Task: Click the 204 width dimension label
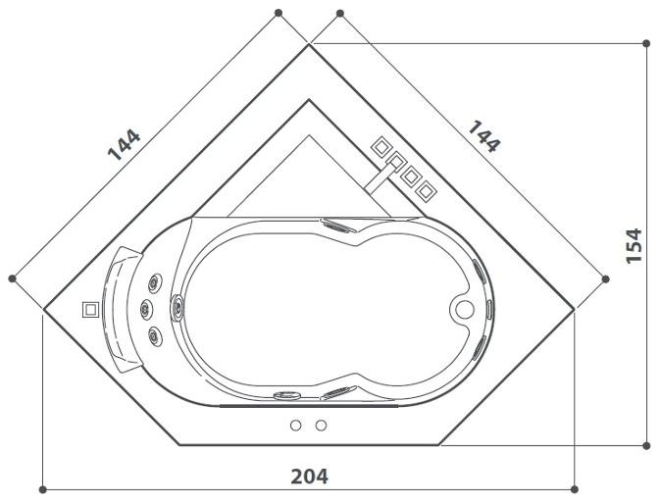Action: click(309, 477)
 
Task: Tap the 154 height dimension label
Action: click(635, 245)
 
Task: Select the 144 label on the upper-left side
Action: click(125, 144)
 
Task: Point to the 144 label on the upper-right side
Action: click(483, 136)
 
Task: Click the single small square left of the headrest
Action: click(90, 308)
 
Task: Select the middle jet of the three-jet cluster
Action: click(147, 311)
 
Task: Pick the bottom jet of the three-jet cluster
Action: click(155, 336)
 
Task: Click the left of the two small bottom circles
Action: click(296, 426)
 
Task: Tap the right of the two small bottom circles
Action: click(320, 426)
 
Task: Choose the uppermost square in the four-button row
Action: click(380, 146)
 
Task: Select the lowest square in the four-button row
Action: click(424, 190)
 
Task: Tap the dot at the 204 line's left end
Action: click(43, 488)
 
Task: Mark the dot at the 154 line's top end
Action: click(645, 43)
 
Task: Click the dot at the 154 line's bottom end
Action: click(645, 445)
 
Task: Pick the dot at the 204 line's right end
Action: click(575, 488)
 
